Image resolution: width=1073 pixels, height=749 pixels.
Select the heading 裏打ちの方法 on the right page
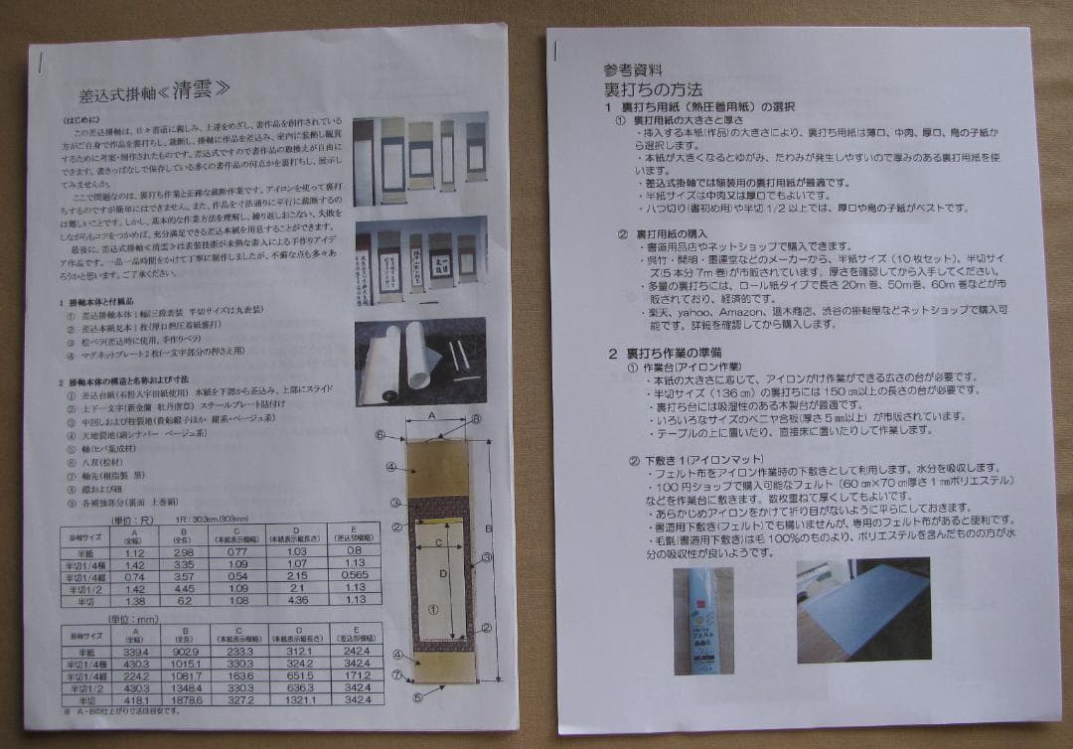(x=645, y=88)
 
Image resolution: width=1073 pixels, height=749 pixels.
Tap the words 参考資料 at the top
(x=631, y=70)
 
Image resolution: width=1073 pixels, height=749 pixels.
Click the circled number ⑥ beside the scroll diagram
(x=380, y=434)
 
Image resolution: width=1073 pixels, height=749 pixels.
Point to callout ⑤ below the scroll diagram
(x=417, y=697)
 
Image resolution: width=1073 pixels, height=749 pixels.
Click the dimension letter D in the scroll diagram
(x=444, y=575)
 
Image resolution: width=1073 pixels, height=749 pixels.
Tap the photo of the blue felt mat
(x=862, y=608)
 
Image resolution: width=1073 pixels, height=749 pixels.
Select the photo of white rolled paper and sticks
(x=419, y=361)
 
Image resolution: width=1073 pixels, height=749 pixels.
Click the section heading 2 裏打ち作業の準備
(x=665, y=353)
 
